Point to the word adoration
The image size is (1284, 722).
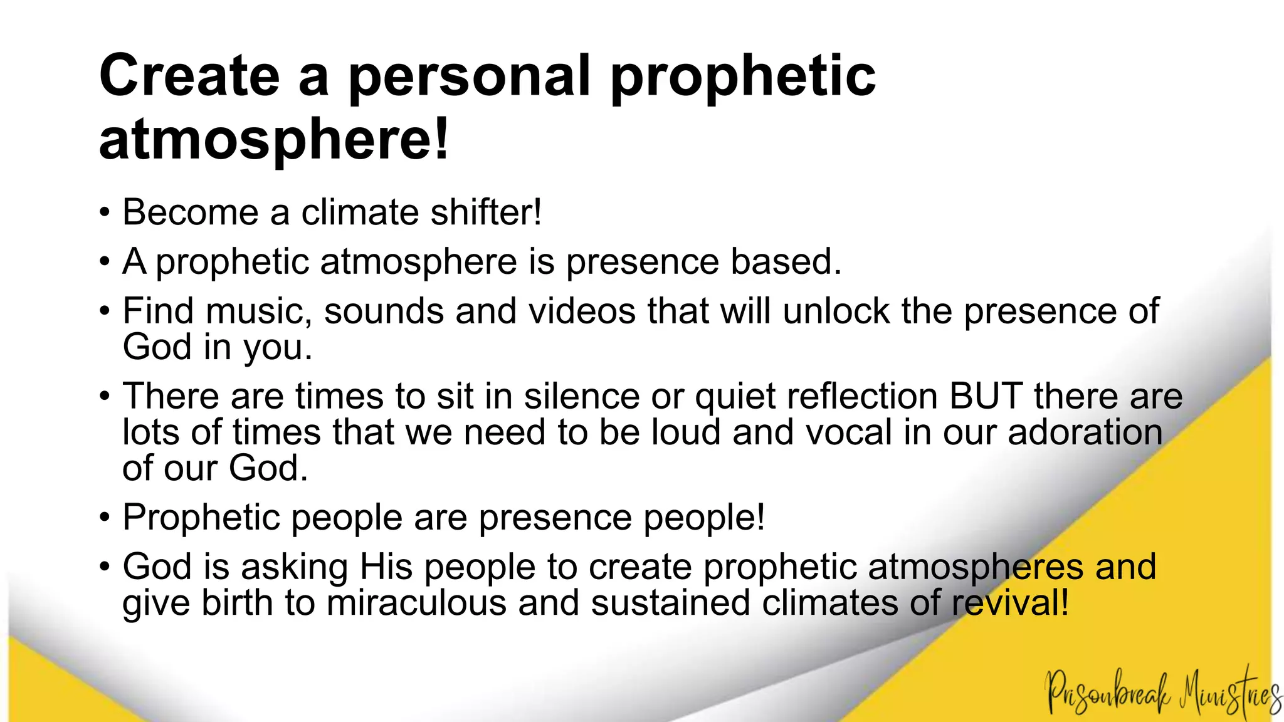pyautogui.click(x=1085, y=432)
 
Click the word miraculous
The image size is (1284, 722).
pyautogui.click(x=416, y=602)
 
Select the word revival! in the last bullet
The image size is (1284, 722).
pyautogui.click(x=1010, y=602)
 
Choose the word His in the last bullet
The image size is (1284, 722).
pyautogui.click(x=386, y=567)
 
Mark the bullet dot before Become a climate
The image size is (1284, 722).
pyautogui.click(x=105, y=213)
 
